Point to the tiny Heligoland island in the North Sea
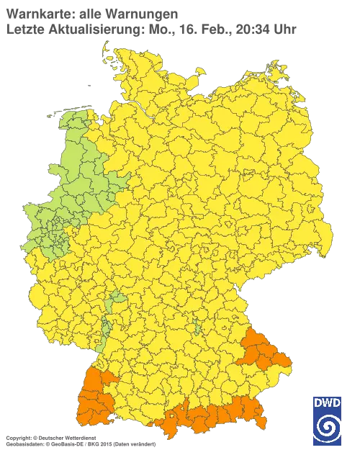(x=89, y=84)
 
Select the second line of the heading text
(x=151, y=29)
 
